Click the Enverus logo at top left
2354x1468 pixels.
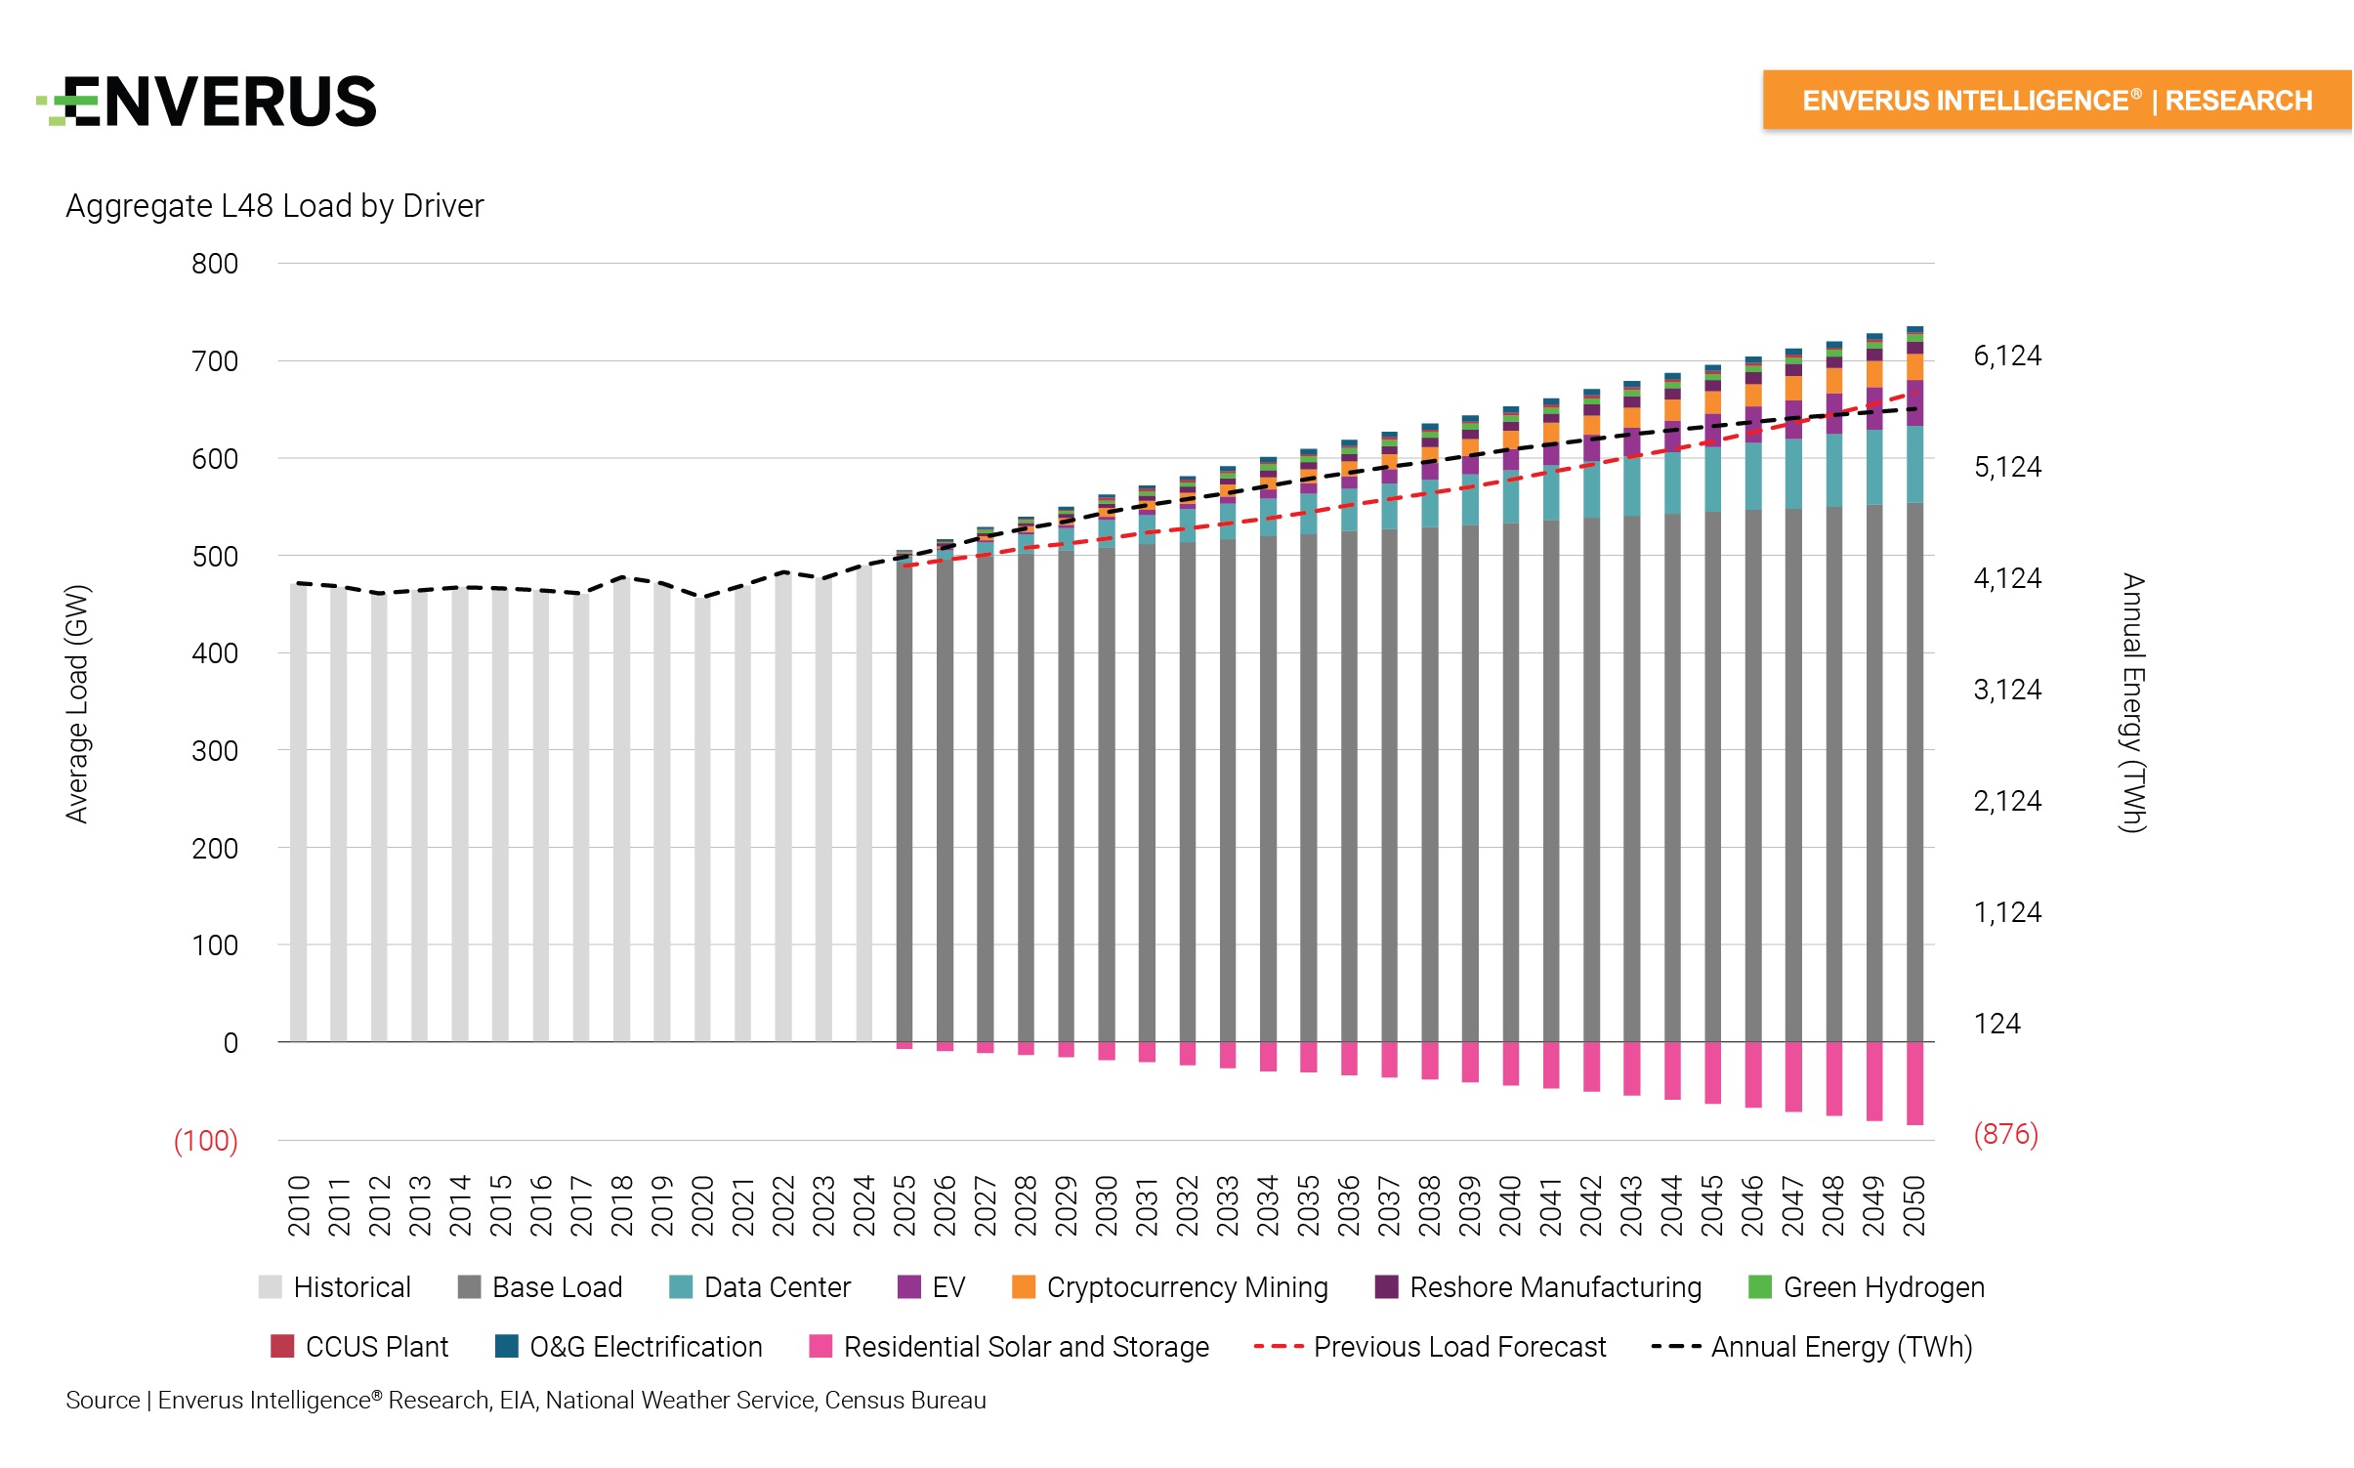click(x=207, y=102)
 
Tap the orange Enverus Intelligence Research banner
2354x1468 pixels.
click(x=2056, y=100)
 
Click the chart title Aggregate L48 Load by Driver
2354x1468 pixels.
click(x=274, y=206)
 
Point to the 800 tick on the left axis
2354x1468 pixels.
click(x=215, y=264)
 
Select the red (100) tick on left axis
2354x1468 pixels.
click(x=205, y=1141)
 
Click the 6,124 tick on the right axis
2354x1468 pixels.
click(x=2007, y=356)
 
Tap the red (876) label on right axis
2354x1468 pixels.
click(x=2005, y=1134)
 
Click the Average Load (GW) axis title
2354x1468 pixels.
click(x=77, y=703)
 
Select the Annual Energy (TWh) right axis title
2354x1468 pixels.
click(x=2133, y=703)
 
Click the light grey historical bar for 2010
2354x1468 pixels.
click(x=299, y=811)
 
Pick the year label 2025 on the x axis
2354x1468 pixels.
click(x=904, y=1206)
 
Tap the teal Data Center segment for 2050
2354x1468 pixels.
click(x=1914, y=464)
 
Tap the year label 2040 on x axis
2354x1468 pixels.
click(x=1510, y=1206)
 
